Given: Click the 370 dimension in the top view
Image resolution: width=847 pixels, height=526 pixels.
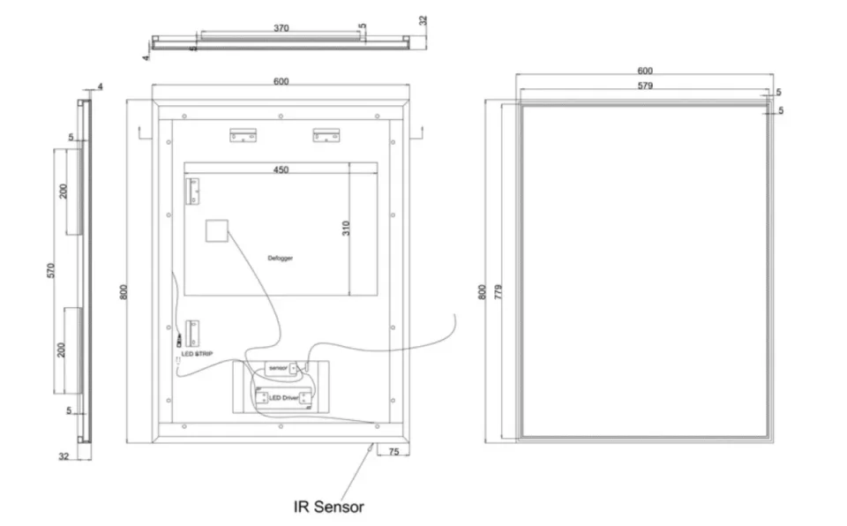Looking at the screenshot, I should (x=281, y=28).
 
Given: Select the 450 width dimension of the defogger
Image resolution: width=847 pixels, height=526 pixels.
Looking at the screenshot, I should (x=281, y=169).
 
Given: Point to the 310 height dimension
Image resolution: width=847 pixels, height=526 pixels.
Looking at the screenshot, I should (x=347, y=229).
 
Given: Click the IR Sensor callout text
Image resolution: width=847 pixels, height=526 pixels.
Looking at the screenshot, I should (x=328, y=507).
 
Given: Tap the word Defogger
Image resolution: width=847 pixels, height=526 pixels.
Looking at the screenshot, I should (x=280, y=258).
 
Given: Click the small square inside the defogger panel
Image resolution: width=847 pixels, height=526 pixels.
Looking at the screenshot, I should (x=217, y=230).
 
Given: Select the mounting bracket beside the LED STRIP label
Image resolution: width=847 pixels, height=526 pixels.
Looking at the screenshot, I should (x=191, y=333).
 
